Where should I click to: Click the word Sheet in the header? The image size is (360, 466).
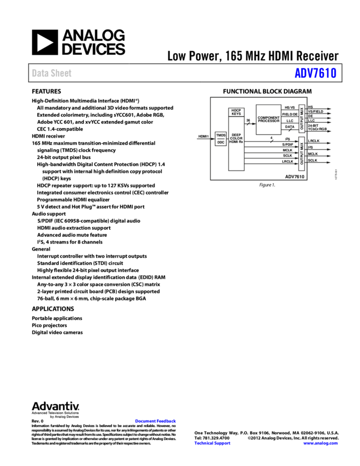61,73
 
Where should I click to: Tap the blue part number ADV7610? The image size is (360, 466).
315,73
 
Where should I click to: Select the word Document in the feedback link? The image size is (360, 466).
146,421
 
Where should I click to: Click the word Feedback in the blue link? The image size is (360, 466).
167,421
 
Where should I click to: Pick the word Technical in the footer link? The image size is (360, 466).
203,443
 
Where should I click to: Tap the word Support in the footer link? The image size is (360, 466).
222,443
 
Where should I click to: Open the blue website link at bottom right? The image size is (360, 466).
321,443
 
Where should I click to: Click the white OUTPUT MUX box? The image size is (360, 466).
301,154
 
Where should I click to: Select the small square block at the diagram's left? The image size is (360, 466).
220,139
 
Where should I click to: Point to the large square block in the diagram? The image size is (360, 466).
268,119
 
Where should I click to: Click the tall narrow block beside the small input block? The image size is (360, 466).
236,140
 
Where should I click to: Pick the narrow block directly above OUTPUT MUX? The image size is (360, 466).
301,118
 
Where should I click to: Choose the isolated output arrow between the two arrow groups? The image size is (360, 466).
328,131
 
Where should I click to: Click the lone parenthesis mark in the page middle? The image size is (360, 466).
139,278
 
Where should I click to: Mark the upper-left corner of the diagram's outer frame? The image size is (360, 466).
211,98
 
